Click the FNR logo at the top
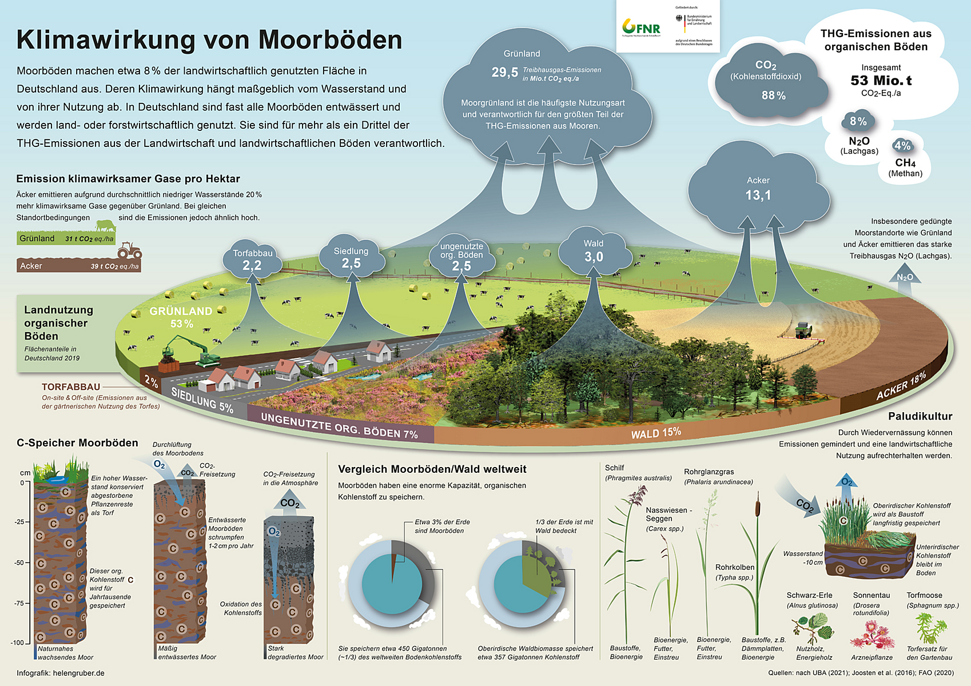click(x=641, y=27)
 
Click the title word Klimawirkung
click(x=106, y=40)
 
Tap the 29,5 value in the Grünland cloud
click(x=504, y=73)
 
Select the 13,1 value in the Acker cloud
click(x=758, y=196)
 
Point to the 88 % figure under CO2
click(x=773, y=95)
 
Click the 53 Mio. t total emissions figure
click(x=881, y=81)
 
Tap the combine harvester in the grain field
click(x=803, y=330)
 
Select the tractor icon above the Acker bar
click(x=129, y=251)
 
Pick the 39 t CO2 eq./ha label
click(x=114, y=266)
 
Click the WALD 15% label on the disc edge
click(x=656, y=433)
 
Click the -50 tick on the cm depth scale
click(x=21, y=563)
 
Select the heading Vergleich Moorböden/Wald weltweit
click(x=432, y=469)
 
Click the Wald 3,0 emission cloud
click(x=594, y=252)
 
